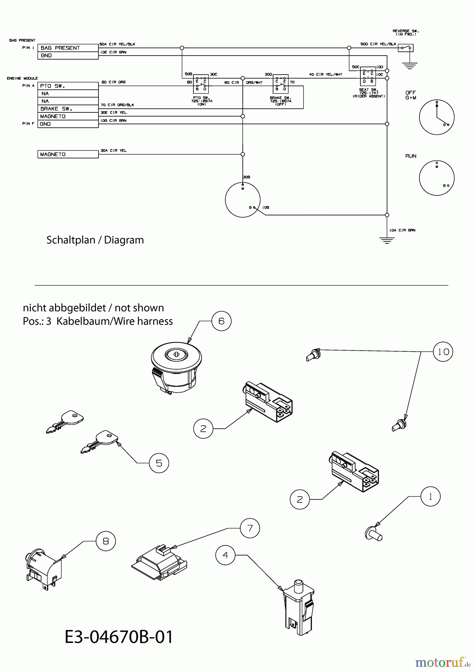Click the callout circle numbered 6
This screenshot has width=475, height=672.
(x=221, y=321)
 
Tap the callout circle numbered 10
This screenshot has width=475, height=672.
(x=443, y=352)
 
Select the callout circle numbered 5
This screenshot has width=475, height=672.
(x=159, y=463)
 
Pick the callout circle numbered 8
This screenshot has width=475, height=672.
(x=106, y=541)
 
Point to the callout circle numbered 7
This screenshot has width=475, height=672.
(x=250, y=528)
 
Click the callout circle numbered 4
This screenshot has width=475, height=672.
(x=225, y=555)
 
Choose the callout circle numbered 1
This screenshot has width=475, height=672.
(x=431, y=497)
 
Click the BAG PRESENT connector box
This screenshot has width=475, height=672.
(x=68, y=48)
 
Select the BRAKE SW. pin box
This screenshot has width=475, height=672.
(x=68, y=109)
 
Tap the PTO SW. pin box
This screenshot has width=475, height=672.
(x=68, y=86)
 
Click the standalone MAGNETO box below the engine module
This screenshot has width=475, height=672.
(x=68, y=154)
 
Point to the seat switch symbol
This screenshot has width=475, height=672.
(x=368, y=77)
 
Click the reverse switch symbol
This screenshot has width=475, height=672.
(x=406, y=48)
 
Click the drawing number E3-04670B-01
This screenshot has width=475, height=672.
(x=119, y=637)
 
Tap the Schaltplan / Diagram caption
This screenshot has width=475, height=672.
(x=95, y=240)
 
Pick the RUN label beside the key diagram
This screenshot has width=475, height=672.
(x=411, y=156)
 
